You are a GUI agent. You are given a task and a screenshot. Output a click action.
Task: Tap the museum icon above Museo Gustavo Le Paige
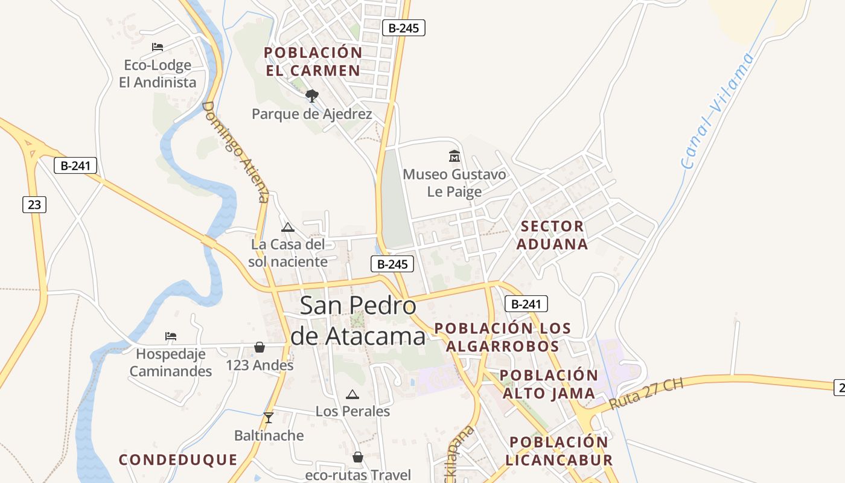click(454, 156)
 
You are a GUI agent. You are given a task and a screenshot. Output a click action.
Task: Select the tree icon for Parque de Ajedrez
click(311, 96)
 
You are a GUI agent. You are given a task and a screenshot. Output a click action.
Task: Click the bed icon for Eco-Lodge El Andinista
click(158, 47)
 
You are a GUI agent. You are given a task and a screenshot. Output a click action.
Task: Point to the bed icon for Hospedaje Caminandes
click(171, 336)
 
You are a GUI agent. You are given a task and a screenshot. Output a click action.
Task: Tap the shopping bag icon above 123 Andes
click(260, 347)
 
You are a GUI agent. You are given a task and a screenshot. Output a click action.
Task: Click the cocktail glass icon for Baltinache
click(269, 417)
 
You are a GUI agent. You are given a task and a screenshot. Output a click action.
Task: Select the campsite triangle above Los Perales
click(352, 395)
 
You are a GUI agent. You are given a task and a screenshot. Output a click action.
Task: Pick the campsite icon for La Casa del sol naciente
click(288, 227)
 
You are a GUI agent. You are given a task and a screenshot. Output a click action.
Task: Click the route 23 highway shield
click(34, 205)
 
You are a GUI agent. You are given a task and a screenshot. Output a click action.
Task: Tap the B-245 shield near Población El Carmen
click(404, 27)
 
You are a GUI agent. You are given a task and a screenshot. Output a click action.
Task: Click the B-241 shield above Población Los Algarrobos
click(526, 304)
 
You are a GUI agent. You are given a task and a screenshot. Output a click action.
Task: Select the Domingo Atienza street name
click(235, 152)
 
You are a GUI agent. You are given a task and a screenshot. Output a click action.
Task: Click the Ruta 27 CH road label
click(646, 395)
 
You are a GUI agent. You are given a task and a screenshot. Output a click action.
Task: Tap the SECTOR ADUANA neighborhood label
click(552, 235)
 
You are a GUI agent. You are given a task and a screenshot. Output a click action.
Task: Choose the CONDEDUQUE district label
click(178, 459)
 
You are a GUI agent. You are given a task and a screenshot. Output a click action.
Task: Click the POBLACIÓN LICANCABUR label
click(559, 450)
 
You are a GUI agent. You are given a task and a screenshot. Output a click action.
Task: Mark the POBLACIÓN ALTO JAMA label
click(549, 384)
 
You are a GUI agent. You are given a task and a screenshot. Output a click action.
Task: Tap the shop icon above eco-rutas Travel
click(358, 457)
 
